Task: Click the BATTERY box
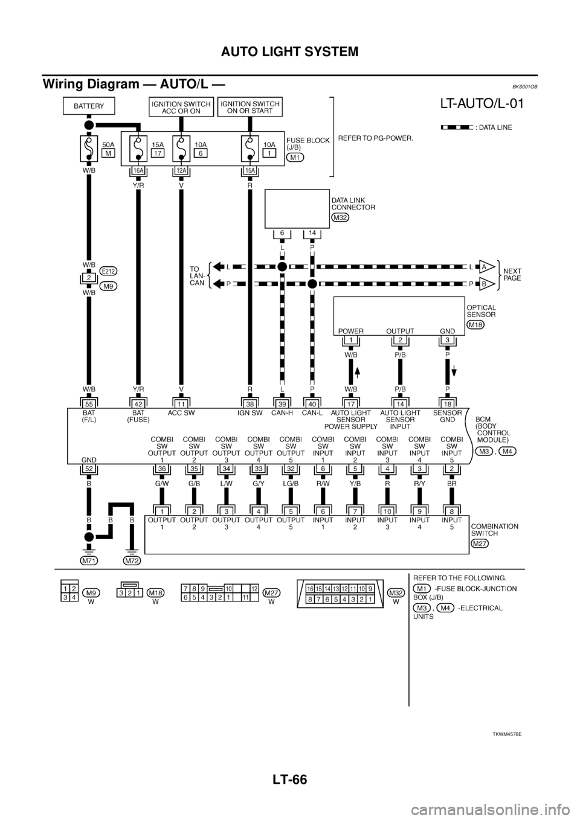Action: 89,106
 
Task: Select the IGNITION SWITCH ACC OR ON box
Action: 180,107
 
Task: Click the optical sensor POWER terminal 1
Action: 351,341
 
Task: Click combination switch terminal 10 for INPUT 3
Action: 387,511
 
